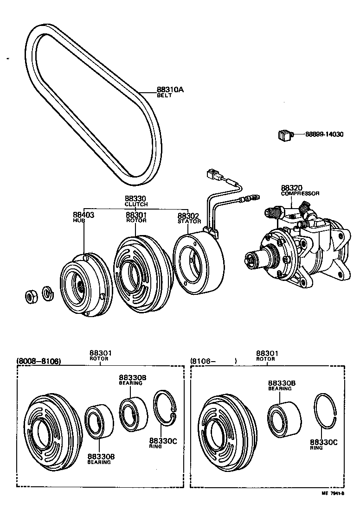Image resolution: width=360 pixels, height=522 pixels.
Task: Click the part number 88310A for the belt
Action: (170, 90)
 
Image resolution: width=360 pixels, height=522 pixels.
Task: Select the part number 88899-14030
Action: (324, 134)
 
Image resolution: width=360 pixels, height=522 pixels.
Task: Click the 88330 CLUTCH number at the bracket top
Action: (136, 198)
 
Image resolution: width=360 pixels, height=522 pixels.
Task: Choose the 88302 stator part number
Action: (189, 216)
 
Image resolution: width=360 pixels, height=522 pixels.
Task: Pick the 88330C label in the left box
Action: (162, 441)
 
